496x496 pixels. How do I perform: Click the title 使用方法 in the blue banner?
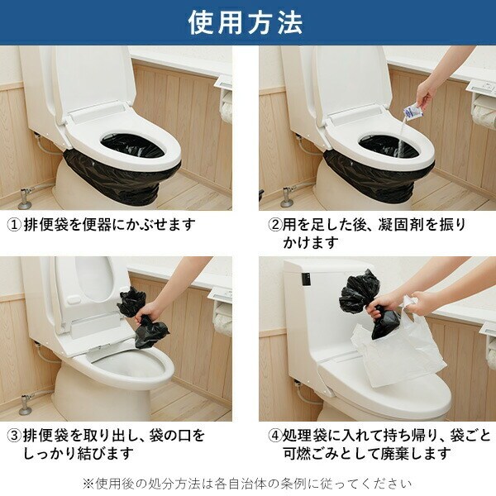[x=246, y=23]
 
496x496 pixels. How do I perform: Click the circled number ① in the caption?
[x=14, y=225]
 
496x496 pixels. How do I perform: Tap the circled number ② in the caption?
[x=275, y=225]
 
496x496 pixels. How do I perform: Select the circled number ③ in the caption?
[x=14, y=436]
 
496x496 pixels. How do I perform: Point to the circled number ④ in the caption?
[x=275, y=436]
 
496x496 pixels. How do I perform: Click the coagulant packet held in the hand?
[x=411, y=112]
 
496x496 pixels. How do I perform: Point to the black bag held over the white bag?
[x=370, y=303]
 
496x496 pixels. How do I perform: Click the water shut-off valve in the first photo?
[x=26, y=198]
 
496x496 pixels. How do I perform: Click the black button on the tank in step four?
[x=306, y=279]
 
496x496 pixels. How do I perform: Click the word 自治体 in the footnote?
[x=250, y=484]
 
